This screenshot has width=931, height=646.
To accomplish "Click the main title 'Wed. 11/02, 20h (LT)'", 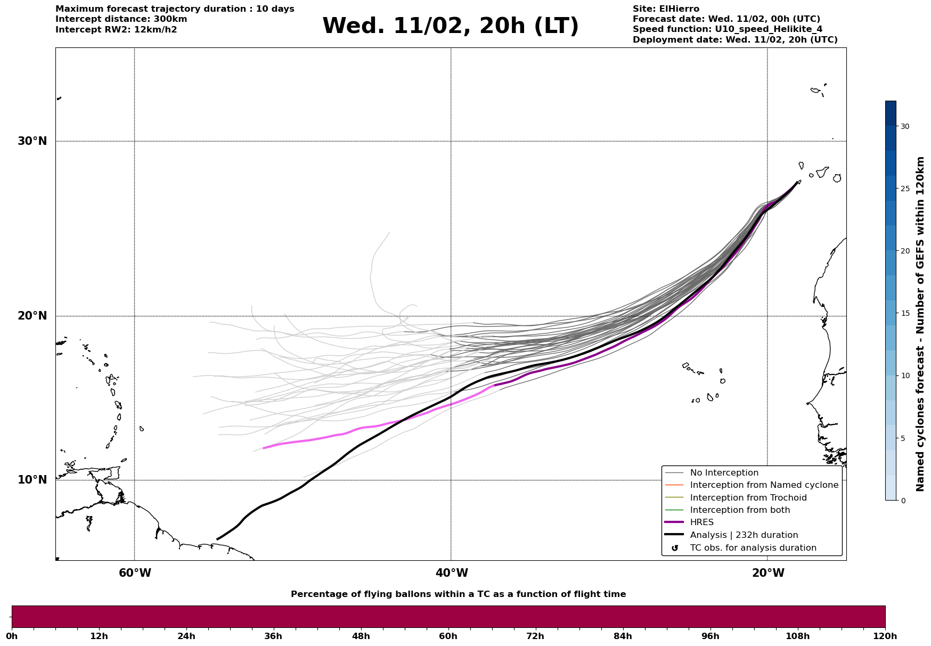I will [x=450, y=26].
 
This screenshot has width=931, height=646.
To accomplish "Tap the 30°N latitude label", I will [x=32, y=141].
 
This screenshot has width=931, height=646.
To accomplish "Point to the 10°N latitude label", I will [x=32, y=480].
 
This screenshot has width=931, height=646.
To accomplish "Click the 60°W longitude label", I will [x=135, y=573].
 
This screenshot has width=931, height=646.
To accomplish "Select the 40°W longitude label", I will [x=452, y=573].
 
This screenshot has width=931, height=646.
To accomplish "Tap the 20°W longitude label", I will [x=768, y=573].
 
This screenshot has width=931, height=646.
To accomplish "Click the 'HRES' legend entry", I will [x=701, y=522].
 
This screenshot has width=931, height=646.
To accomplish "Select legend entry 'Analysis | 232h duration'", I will [x=744, y=535].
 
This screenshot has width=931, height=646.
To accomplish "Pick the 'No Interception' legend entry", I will [x=724, y=473].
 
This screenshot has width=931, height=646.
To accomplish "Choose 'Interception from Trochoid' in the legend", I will [x=748, y=498].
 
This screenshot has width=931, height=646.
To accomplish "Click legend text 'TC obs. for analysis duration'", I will [x=753, y=548].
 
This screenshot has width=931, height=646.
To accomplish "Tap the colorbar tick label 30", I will [x=905, y=126].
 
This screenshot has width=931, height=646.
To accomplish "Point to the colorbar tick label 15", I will [x=905, y=313].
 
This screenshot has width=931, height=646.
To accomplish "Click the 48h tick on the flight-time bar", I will [x=361, y=636].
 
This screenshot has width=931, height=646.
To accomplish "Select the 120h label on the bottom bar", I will [x=885, y=636].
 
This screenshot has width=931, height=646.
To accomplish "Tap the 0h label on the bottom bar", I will [x=12, y=636].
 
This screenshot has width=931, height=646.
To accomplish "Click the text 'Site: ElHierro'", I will [x=666, y=9].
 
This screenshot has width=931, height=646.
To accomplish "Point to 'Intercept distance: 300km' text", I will [x=121, y=19].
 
